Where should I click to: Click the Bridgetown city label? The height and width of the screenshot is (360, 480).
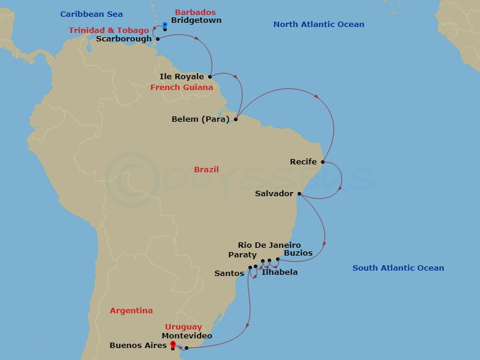click(x=196, y=20)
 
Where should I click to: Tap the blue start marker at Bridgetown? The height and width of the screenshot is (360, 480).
click(x=165, y=25)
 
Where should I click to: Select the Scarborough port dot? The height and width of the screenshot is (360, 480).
click(x=158, y=39)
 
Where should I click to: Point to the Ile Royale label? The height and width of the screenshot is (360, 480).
click(x=182, y=77)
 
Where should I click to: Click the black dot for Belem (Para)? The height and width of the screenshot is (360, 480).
click(x=236, y=119)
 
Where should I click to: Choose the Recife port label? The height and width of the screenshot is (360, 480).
click(x=303, y=162)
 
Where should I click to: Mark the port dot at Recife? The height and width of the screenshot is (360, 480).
click(x=323, y=162)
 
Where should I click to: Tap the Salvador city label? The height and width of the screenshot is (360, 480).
click(x=274, y=194)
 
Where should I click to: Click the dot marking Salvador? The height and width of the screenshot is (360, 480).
click(x=299, y=194)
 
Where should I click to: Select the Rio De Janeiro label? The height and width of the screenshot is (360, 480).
click(x=269, y=245)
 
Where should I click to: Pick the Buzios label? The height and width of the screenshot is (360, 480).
click(x=298, y=253)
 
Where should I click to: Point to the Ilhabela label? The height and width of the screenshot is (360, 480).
click(x=280, y=272)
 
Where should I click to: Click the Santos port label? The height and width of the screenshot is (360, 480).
click(x=229, y=274)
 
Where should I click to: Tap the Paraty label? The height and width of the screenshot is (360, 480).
click(x=242, y=255)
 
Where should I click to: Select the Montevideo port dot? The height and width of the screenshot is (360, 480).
click(x=187, y=348)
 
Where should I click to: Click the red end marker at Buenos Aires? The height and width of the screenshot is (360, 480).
click(x=173, y=344)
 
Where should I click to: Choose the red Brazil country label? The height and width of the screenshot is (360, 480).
click(x=206, y=170)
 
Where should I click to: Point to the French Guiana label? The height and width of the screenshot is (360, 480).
click(x=182, y=88)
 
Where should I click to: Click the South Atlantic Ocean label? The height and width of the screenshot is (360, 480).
click(x=398, y=268)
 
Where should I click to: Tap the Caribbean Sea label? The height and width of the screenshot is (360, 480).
click(x=92, y=14)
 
